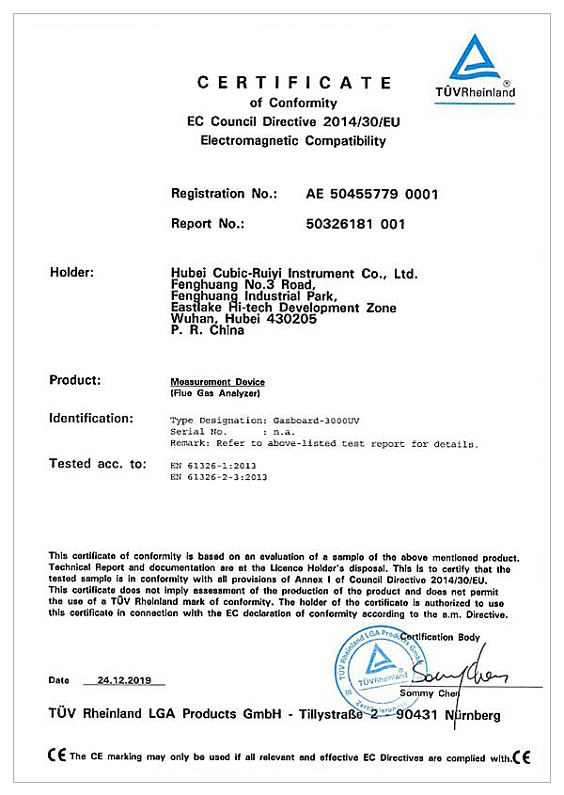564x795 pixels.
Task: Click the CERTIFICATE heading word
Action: click(294, 83)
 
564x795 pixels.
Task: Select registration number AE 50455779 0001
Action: click(372, 194)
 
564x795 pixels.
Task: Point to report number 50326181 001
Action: click(355, 224)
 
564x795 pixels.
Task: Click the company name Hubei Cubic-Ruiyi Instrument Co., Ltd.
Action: click(294, 274)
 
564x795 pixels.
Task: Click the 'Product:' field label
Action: click(75, 380)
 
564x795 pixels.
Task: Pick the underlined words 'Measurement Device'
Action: click(217, 382)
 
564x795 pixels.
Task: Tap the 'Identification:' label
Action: click(90, 418)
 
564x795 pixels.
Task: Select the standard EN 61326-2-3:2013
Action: click(219, 477)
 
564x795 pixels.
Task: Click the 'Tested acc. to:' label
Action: click(98, 463)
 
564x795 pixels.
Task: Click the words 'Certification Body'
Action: click(440, 638)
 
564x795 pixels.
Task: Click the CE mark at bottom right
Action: click(523, 756)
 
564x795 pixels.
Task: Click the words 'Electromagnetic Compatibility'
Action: click(293, 141)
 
